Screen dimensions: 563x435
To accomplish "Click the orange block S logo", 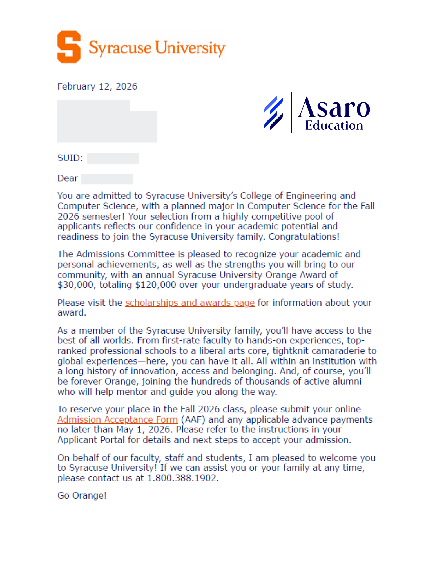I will tap(69, 47).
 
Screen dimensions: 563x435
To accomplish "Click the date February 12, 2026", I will tap(97, 86).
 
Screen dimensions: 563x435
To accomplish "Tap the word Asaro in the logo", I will tap(334, 108).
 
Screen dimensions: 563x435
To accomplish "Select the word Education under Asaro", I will tap(334, 126).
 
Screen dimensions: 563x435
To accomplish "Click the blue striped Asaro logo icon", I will tap(273, 113).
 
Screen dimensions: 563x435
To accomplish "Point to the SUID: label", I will tap(70, 158).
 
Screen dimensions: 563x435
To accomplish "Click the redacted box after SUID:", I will tap(113, 158).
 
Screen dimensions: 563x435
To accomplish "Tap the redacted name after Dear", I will tap(107, 179).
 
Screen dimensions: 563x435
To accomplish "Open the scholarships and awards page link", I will tap(190, 303).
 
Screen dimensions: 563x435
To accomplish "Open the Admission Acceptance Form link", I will tap(117, 419).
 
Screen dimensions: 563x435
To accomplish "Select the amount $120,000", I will tap(156, 285).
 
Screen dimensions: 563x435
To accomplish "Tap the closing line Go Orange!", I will tap(82, 495).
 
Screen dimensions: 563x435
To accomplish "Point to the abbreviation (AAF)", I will tap(193, 419).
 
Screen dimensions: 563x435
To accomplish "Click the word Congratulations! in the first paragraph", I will tap(304, 237).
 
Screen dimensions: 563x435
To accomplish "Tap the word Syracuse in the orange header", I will tap(120, 48).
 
